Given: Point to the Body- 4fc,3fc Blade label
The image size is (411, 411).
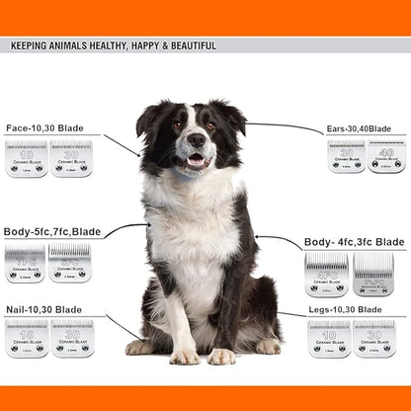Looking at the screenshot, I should pos(354,242).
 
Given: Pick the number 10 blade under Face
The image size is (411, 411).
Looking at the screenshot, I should pos(27,158).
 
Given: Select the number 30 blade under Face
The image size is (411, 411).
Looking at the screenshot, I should pos(71,158).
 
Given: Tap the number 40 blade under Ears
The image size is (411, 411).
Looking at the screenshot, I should pos(386,156).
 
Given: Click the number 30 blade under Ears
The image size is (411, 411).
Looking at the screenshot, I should pos(346,156).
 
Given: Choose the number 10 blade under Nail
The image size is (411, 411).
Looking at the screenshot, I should pos(27,337).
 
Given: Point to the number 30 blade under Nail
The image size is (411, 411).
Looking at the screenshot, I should pos(72,337).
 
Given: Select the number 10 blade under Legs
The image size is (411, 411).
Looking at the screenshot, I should pos(329,338).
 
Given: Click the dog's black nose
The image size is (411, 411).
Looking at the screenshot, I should pos(196,139).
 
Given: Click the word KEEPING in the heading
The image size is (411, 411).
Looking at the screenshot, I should pos(33,45).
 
